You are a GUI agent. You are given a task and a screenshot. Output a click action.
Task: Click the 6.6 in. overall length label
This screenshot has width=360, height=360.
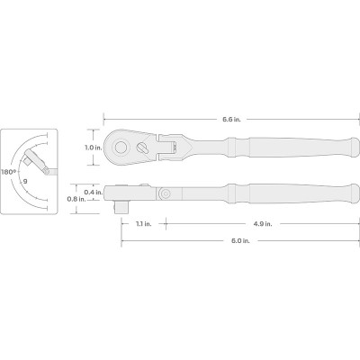231,120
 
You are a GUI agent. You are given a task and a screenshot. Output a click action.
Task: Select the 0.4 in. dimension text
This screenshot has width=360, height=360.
93,192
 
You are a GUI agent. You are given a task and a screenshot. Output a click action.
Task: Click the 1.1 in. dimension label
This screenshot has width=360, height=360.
144,224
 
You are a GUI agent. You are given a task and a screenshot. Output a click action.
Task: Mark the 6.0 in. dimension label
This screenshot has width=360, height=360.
240,240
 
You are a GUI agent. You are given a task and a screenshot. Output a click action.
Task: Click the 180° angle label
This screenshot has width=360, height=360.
8,172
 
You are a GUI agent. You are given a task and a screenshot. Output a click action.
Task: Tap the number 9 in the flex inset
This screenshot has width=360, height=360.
25,181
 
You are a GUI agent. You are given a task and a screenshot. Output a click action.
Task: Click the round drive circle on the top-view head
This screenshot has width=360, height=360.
121,147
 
